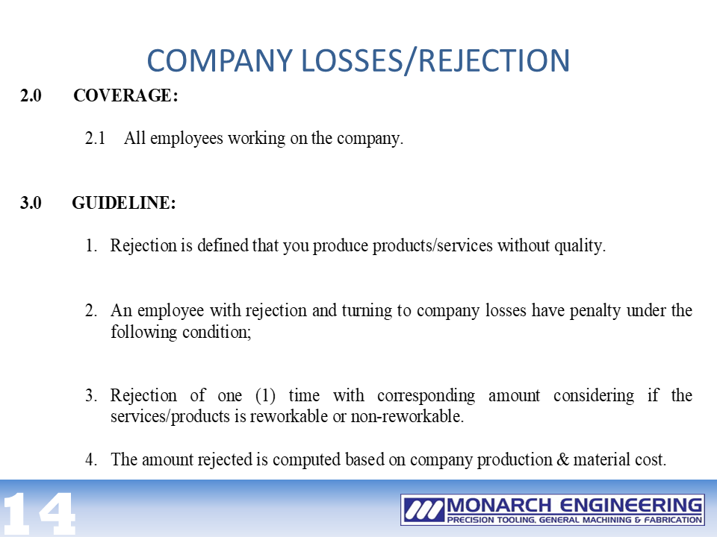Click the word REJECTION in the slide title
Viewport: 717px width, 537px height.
494,60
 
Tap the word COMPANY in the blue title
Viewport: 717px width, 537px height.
220,60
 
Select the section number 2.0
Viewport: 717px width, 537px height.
31,95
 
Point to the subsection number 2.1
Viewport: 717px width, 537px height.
95,138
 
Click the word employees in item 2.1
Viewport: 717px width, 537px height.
187,139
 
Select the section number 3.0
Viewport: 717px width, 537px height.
31,203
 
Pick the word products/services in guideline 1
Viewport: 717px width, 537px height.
432,245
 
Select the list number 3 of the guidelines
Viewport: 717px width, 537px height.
90,395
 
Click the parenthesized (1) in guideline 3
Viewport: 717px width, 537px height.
266,395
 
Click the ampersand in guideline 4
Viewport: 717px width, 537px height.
562,459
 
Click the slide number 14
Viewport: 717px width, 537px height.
38,513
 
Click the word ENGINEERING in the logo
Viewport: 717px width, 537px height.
631,506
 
